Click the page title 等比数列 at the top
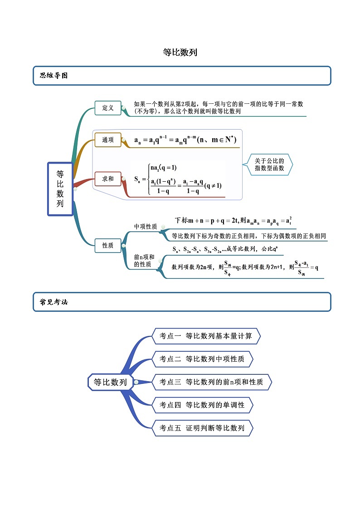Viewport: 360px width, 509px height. [x=180, y=53]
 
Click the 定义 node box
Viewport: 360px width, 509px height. [x=108, y=108]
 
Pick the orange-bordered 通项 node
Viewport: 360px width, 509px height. [x=108, y=140]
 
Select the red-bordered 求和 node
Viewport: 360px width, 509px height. [x=108, y=179]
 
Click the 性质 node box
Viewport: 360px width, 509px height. [x=108, y=245]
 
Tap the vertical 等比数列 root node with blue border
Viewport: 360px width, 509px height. [x=60, y=189]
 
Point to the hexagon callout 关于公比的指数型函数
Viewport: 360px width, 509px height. [x=269, y=164]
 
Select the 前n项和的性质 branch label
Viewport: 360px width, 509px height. [x=144, y=261]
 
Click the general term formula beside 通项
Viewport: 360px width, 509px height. [x=185, y=140]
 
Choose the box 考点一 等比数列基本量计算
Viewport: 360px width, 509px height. [x=205, y=336]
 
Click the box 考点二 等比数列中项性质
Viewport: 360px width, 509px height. [x=202, y=359]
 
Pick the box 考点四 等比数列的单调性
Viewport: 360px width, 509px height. [x=202, y=405]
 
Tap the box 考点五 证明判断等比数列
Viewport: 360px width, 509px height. [x=202, y=428]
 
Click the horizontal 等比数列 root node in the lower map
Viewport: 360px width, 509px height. [x=110, y=382]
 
